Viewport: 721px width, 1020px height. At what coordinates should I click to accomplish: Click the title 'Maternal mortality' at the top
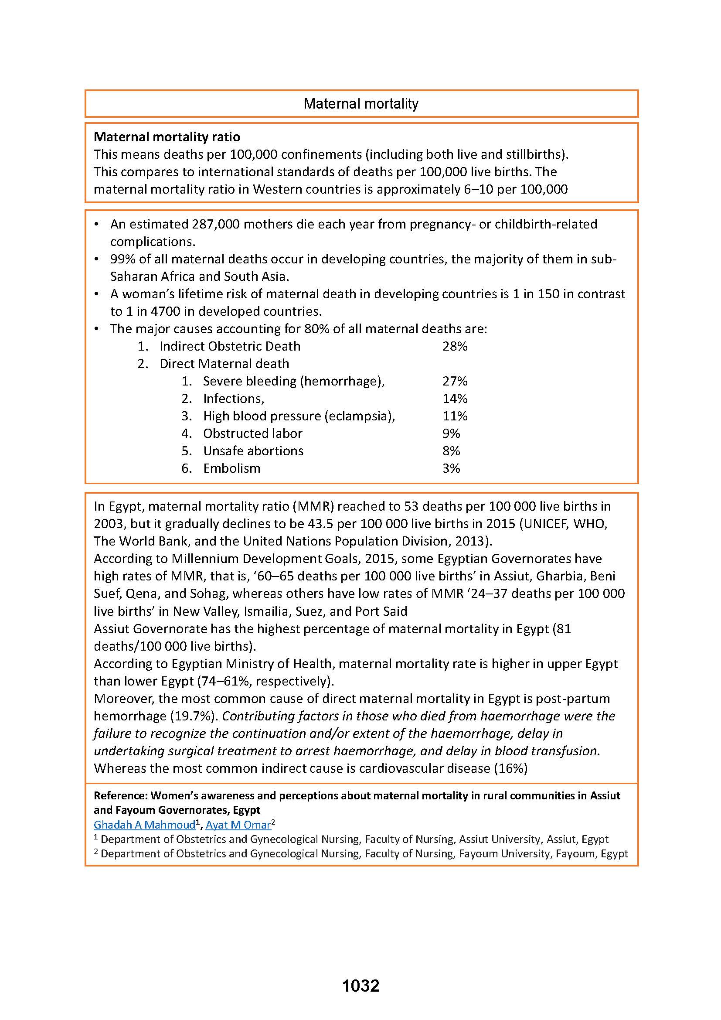point(360,104)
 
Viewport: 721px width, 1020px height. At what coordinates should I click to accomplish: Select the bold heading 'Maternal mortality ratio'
point(167,137)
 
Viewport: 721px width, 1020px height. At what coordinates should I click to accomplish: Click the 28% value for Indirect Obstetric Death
point(455,347)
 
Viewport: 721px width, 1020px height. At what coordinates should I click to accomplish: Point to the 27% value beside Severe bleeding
point(455,381)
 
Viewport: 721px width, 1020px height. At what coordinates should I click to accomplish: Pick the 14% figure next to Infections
point(455,399)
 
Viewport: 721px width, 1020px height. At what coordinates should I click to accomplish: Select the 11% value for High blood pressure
point(455,416)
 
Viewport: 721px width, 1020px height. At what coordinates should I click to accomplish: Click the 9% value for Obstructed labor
point(451,433)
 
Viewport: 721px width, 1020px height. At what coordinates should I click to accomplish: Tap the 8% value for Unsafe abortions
point(451,451)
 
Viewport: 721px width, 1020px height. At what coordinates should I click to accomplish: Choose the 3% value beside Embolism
point(451,468)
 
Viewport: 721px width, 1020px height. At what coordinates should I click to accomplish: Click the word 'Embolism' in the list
point(232,468)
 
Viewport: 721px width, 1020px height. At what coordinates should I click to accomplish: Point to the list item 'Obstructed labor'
point(253,433)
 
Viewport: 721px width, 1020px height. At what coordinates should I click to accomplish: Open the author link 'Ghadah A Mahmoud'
point(144,825)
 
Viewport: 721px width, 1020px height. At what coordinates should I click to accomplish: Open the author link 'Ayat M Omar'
point(238,825)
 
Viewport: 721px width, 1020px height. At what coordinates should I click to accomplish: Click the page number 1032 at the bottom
point(360,986)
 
